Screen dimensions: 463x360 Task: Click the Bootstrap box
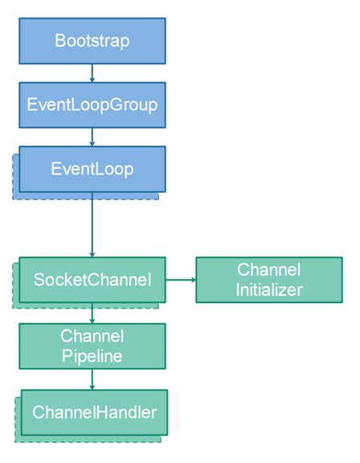[x=92, y=41]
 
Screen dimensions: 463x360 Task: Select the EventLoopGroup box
[x=92, y=104]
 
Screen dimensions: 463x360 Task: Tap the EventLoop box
[x=92, y=169]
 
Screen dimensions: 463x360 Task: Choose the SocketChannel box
[x=92, y=280]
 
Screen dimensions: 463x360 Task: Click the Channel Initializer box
[x=268, y=280]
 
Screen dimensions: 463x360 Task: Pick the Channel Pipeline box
[x=92, y=346]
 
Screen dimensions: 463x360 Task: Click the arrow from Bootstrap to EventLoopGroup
[x=92, y=73]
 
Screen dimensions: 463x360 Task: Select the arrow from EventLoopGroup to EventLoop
[x=92, y=137]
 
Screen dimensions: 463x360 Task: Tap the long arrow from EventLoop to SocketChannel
[x=92, y=225]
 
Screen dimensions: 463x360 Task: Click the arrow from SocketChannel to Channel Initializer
[x=181, y=280]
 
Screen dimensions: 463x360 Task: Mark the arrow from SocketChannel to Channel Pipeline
[x=92, y=313]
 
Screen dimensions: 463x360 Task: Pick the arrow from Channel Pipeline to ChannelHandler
[x=92, y=379]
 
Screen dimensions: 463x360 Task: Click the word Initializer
[x=268, y=290]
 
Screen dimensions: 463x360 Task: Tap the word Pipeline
[x=92, y=356]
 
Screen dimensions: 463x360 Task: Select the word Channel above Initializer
[x=268, y=270]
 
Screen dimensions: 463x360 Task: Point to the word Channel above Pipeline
[x=92, y=336]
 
